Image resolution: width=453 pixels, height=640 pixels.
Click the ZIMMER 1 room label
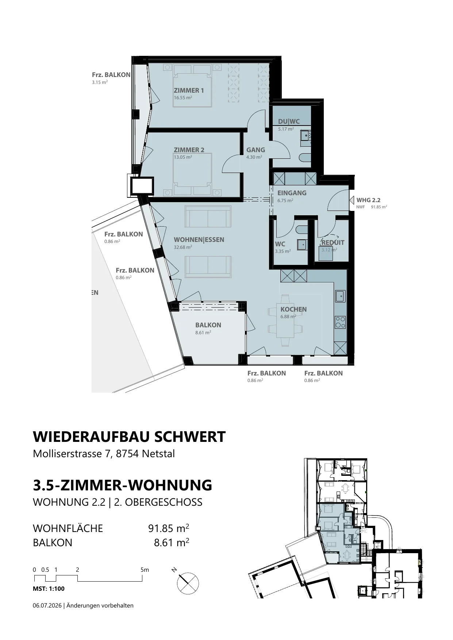189,90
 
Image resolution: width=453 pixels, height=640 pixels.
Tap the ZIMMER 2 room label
189,150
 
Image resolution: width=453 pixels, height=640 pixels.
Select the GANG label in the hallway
256,150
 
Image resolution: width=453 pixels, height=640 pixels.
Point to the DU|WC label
289,122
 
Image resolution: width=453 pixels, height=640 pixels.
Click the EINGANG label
292,193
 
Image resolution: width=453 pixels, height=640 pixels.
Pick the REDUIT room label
333,242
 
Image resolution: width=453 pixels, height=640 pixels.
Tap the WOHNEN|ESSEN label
199,240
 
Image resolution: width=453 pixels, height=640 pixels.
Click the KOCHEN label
293,309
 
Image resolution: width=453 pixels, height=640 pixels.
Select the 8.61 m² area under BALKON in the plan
203,332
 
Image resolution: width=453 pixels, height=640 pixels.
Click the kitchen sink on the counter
340,296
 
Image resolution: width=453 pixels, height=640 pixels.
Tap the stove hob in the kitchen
340,322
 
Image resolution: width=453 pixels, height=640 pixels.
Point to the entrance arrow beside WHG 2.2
352,200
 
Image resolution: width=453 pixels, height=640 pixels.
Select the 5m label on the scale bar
145,570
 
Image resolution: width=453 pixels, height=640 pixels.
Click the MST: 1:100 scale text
49,588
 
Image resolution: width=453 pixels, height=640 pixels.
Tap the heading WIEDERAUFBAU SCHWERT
129,437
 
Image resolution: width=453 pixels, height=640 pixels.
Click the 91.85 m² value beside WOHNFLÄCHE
168,528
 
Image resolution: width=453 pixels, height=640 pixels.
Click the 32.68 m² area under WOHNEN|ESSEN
183,247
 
